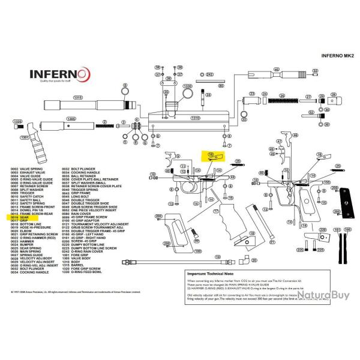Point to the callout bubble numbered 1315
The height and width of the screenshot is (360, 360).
(x=77, y=97)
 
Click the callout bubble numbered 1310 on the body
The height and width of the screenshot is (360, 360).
(x=195, y=118)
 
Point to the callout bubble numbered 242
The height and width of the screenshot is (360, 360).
(x=209, y=75)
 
